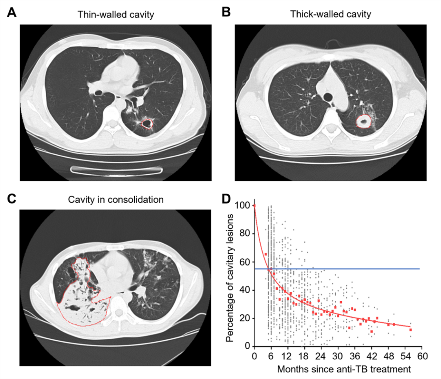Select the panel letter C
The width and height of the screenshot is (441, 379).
(x=12, y=199)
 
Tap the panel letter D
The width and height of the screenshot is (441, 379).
(x=226, y=199)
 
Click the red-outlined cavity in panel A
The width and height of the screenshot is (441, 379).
(x=147, y=123)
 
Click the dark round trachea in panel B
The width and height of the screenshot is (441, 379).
(x=328, y=97)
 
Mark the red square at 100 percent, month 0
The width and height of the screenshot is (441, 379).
(x=254, y=205)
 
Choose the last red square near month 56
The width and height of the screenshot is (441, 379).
(x=410, y=329)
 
